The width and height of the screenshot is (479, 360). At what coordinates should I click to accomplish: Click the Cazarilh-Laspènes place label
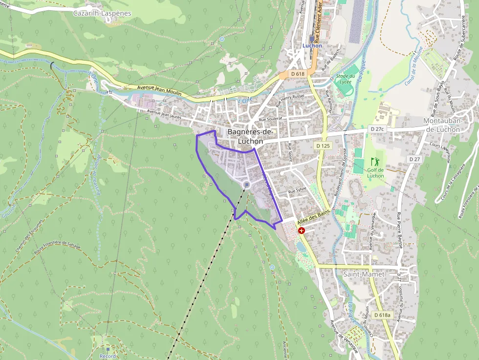102,13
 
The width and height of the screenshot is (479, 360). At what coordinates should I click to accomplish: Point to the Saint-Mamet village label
364,275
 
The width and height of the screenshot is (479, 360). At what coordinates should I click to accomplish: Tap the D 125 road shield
323,146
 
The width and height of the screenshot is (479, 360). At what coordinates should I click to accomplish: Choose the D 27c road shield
377,128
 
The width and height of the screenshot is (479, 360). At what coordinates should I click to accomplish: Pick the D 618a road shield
382,315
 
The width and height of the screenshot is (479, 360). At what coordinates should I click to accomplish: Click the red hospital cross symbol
302,230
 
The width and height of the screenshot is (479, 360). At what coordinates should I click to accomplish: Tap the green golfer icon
375,161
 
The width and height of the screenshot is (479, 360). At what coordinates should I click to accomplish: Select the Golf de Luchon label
375,172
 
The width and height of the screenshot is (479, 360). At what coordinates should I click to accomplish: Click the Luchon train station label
312,46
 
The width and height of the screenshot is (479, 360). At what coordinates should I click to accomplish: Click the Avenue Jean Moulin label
159,90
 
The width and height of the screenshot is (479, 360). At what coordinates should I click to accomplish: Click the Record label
108,356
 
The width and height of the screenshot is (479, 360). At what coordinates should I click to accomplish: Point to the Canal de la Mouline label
414,66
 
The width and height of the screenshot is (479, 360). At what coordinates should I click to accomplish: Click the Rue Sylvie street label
299,191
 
